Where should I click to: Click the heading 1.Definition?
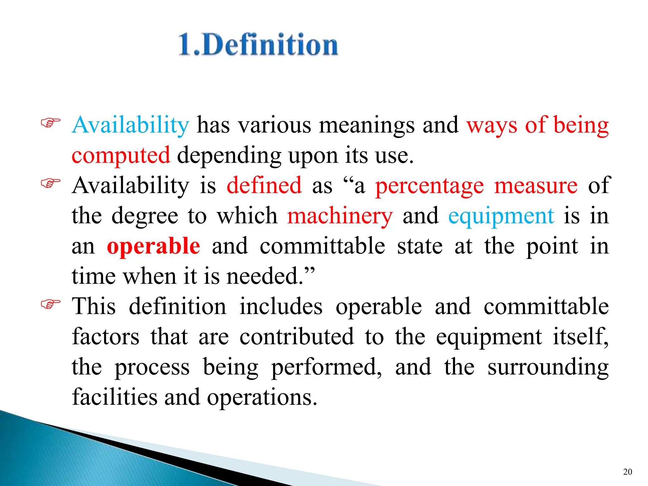(258, 45)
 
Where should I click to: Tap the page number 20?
(627, 472)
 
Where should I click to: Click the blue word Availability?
(130, 125)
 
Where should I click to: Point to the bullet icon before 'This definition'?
(51, 304)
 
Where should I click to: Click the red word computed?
(121, 155)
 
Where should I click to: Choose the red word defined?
(264, 185)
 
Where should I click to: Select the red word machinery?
(340, 216)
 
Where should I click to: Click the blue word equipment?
(501, 216)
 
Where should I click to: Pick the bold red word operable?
(153, 246)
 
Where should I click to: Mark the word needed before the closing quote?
(265, 276)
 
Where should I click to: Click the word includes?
(281, 306)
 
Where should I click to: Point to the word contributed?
(296, 337)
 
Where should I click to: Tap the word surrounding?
(548, 367)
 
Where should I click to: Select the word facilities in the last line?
(115, 397)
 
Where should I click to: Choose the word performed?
(326, 367)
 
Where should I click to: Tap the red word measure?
(536, 185)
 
